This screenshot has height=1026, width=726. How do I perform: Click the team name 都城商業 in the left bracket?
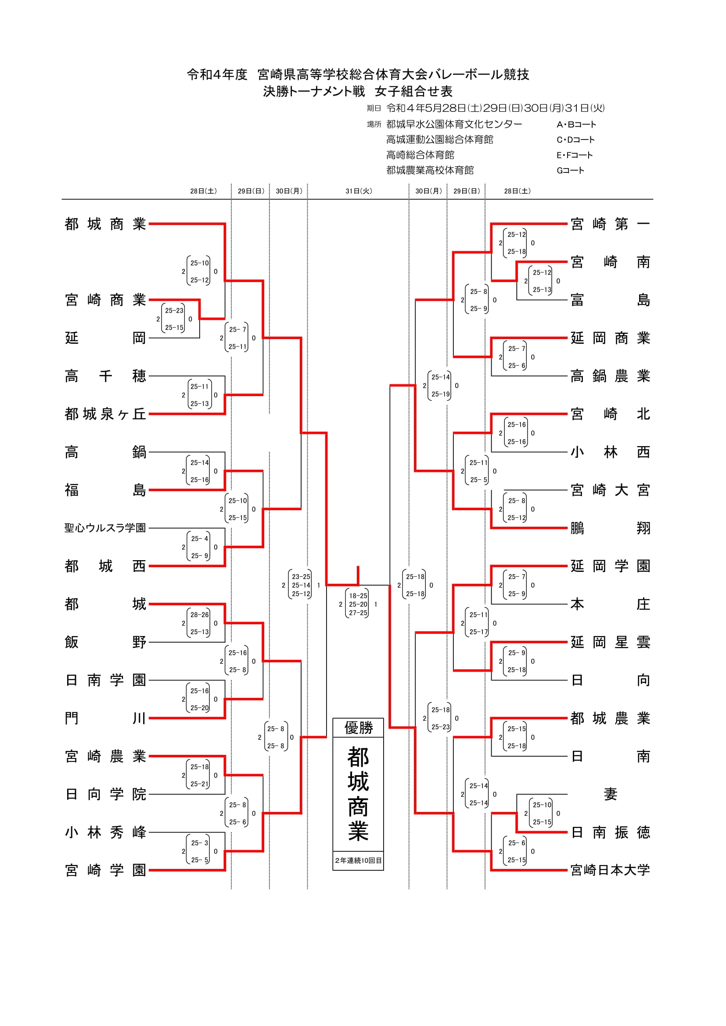pyautogui.click(x=105, y=224)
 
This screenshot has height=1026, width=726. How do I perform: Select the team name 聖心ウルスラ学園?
pyautogui.click(x=105, y=528)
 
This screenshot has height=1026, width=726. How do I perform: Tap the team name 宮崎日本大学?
pyautogui.click(x=610, y=870)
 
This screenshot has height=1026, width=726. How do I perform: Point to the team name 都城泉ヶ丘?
pyautogui.click(x=105, y=414)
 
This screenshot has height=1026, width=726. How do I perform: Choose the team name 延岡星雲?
pyautogui.click(x=610, y=642)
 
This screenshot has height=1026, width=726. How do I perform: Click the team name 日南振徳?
pyautogui.click(x=610, y=832)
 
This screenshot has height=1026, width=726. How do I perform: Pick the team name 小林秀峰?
pyautogui.click(x=105, y=832)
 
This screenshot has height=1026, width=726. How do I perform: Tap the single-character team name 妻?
pyautogui.click(x=610, y=794)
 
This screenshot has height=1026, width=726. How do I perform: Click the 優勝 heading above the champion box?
pyautogui.click(x=358, y=727)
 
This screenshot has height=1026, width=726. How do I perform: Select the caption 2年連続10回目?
pyautogui.click(x=358, y=860)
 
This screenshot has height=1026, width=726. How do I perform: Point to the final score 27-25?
pyautogui.click(x=358, y=613)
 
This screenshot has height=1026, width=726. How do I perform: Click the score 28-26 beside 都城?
pyautogui.click(x=199, y=615)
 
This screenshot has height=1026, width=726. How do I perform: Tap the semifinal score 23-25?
pyautogui.click(x=301, y=577)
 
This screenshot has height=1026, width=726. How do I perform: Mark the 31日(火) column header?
pyautogui.click(x=359, y=191)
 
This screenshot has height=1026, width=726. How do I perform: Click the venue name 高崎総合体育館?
pyautogui.click(x=420, y=155)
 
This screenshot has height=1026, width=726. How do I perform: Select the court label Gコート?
pyautogui.click(x=570, y=170)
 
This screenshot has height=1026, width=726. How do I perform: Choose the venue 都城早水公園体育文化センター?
pyautogui.click(x=454, y=124)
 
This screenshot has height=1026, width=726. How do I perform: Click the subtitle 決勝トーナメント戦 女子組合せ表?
pyautogui.click(x=358, y=92)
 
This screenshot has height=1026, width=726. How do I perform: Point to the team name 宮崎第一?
pyautogui.click(x=610, y=224)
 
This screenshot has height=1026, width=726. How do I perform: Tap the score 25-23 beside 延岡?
pyautogui.click(x=174, y=311)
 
